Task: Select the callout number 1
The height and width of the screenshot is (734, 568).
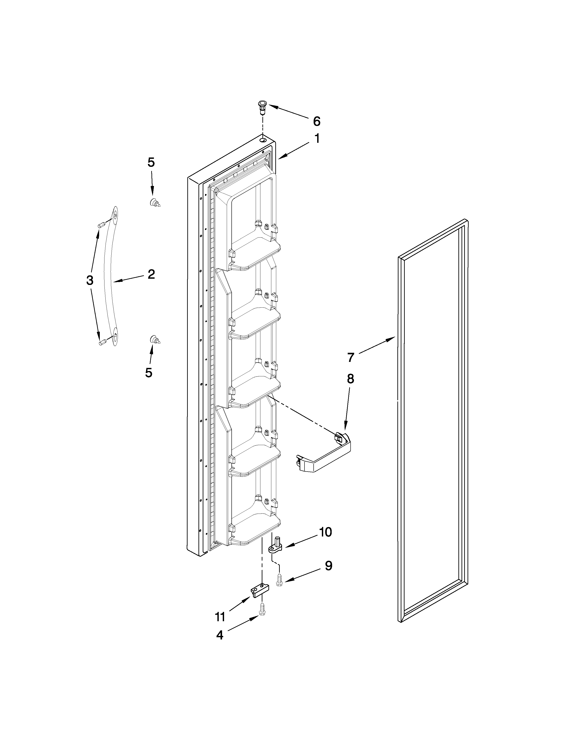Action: (317, 139)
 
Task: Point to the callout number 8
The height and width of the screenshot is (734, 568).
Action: (350, 379)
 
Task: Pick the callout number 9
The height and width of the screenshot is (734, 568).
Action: (328, 566)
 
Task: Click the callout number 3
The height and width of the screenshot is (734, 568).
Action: (90, 280)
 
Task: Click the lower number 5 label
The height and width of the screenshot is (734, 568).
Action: (149, 372)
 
